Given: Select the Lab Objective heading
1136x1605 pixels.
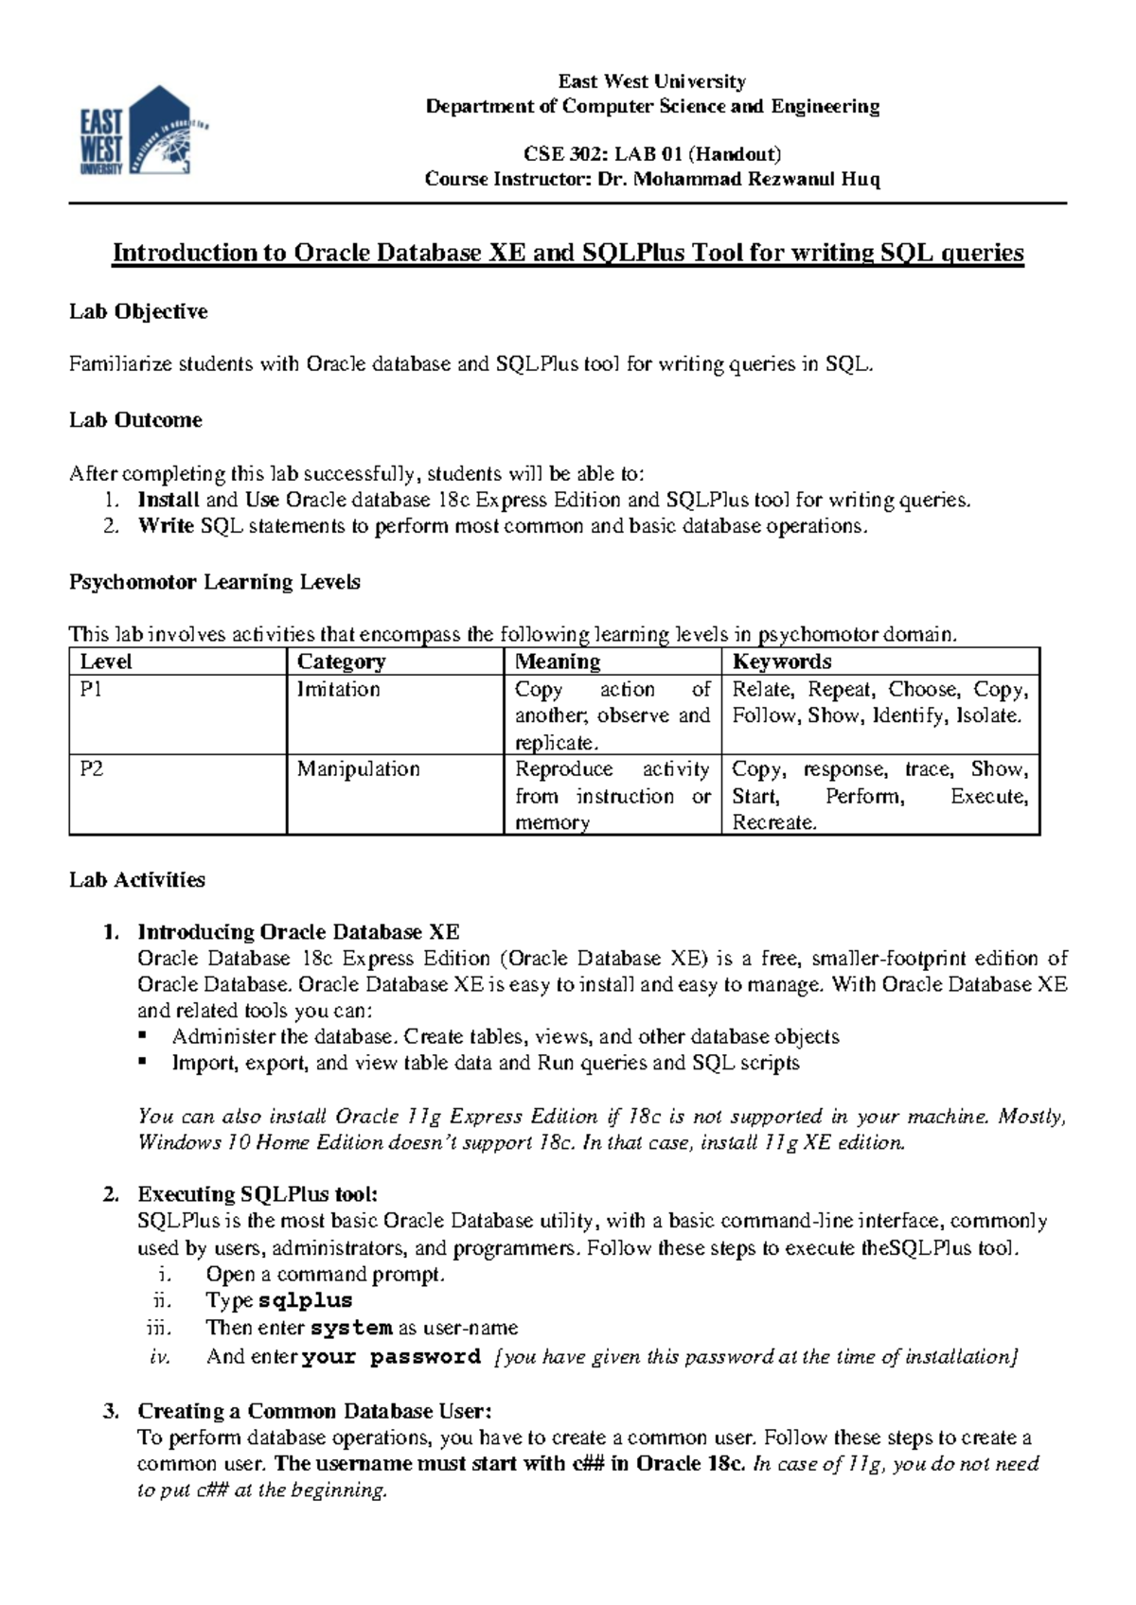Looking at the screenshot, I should coord(138,311).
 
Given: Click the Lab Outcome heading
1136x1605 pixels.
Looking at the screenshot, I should coord(135,420).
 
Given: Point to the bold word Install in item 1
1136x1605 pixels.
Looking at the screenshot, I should coord(169,500).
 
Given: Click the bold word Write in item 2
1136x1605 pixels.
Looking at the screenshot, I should coord(166,526).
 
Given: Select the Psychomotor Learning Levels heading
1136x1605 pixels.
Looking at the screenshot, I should coord(215,582).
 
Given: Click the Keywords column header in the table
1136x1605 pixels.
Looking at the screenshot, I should coord(782,661).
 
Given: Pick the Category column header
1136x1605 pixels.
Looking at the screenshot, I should coord(341,661).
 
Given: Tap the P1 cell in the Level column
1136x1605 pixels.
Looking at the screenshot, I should coord(91,689).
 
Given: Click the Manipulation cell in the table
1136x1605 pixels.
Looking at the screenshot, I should coord(358,768).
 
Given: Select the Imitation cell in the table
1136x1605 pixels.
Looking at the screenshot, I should coord(338,689).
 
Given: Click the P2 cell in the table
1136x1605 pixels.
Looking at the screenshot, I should coord(92,768).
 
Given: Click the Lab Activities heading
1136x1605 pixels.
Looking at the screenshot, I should coord(137,880).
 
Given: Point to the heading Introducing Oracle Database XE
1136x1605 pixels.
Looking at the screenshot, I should coord(298,932).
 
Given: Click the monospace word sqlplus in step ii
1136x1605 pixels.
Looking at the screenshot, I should coord(305,1301).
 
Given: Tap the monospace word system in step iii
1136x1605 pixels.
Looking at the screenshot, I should coord(351,1328).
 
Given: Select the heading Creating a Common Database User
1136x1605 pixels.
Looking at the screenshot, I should coord(314,1411).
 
